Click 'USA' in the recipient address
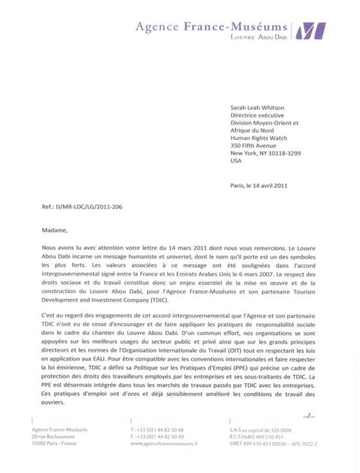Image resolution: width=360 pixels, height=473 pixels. [236, 160]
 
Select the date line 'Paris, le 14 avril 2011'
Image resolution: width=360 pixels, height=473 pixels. [259, 186]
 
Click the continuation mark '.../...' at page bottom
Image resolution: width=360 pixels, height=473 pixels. [309, 416]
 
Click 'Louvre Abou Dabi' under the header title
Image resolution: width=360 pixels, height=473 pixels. [259, 37]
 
